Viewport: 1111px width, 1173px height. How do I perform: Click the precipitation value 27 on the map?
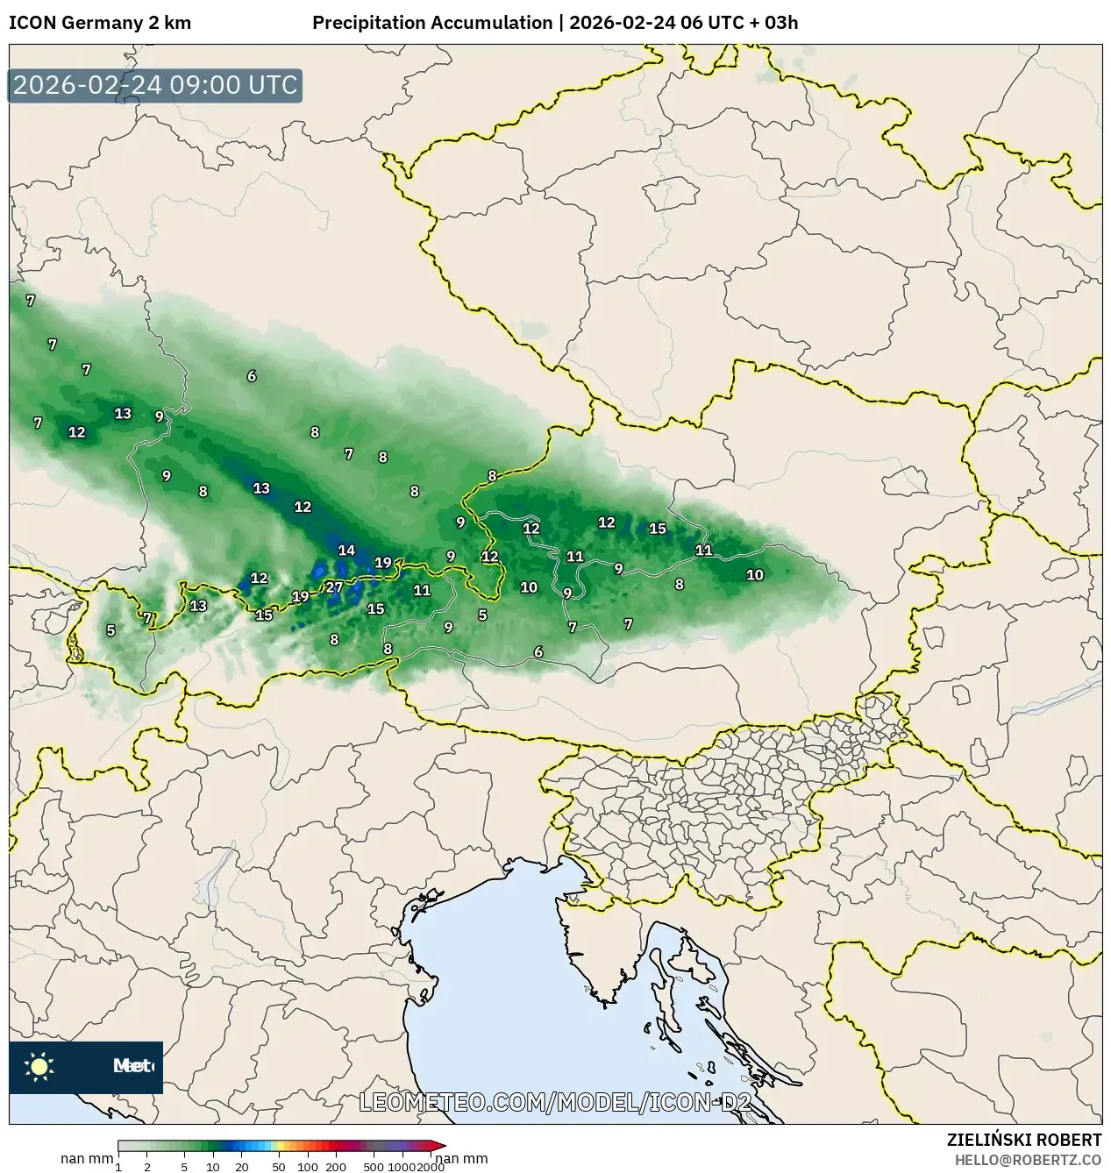click(x=334, y=587)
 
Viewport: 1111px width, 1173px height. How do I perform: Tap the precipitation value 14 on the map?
click(x=346, y=551)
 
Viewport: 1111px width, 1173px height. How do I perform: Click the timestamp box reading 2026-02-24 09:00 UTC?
click(x=155, y=85)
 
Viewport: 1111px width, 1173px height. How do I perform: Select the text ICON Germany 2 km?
click(x=99, y=23)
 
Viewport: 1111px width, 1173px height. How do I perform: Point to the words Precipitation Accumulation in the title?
click(x=432, y=23)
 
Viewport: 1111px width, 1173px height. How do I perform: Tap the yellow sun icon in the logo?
click(x=39, y=1066)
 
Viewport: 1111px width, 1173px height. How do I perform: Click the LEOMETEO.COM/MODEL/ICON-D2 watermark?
click(x=555, y=1102)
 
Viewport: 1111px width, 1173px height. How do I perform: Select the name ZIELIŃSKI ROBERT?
click(x=1023, y=1140)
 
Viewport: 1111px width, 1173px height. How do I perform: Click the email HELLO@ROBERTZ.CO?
click(x=1028, y=1160)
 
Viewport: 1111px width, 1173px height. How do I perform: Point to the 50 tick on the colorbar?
click(x=279, y=1166)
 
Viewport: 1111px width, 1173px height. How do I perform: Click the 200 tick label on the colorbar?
click(x=336, y=1166)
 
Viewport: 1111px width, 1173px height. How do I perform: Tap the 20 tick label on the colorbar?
click(x=242, y=1166)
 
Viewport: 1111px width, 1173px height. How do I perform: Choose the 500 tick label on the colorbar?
click(x=374, y=1166)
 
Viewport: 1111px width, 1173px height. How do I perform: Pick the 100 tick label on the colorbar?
click(x=307, y=1166)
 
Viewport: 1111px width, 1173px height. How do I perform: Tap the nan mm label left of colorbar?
click(x=87, y=1159)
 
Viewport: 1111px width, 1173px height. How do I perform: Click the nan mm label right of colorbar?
click(x=462, y=1159)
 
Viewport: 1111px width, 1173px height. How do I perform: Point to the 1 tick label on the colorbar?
click(x=118, y=1166)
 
